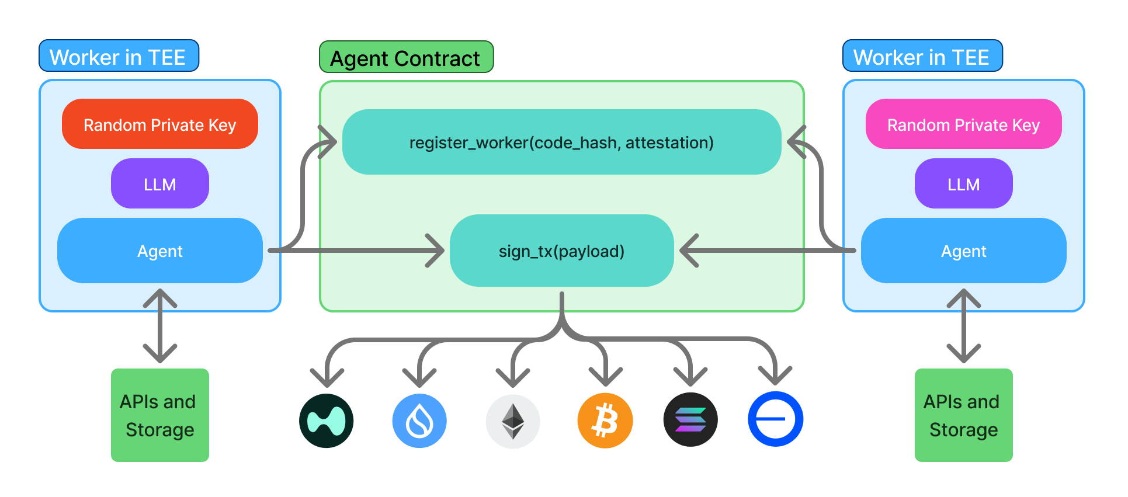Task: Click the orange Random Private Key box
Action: (x=159, y=124)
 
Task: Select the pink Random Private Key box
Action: (x=963, y=124)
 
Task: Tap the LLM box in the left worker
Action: (x=159, y=184)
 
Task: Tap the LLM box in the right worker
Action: (x=963, y=184)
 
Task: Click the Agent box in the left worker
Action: (x=159, y=251)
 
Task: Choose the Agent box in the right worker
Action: (x=963, y=251)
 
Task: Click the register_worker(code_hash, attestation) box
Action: (x=561, y=143)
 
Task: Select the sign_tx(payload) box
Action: (x=561, y=251)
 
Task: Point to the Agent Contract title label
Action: (x=406, y=58)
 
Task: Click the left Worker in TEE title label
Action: (x=119, y=57)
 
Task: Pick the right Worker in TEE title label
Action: (x=922, y=57)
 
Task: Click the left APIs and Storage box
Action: (x=159, y=415)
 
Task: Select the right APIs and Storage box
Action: (x=963, y=415)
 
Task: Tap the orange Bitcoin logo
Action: (x=605, y=420)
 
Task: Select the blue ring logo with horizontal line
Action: (x=775, y=419)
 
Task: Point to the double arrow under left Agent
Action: (x=159, y=325)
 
